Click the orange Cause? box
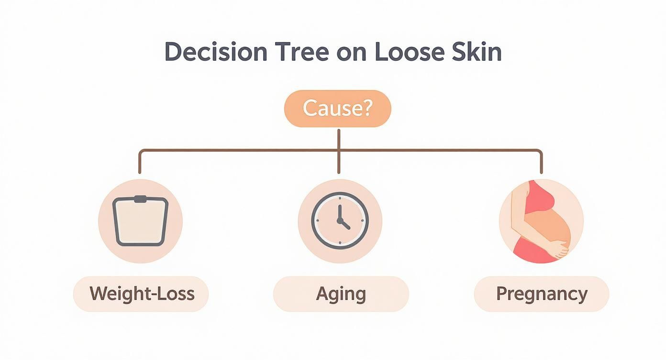338,109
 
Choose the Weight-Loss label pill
141,293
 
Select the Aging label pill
341,293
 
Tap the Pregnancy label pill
541,293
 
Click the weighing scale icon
140,221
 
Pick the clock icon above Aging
340,221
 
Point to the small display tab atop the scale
140,199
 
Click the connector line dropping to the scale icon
140,163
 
